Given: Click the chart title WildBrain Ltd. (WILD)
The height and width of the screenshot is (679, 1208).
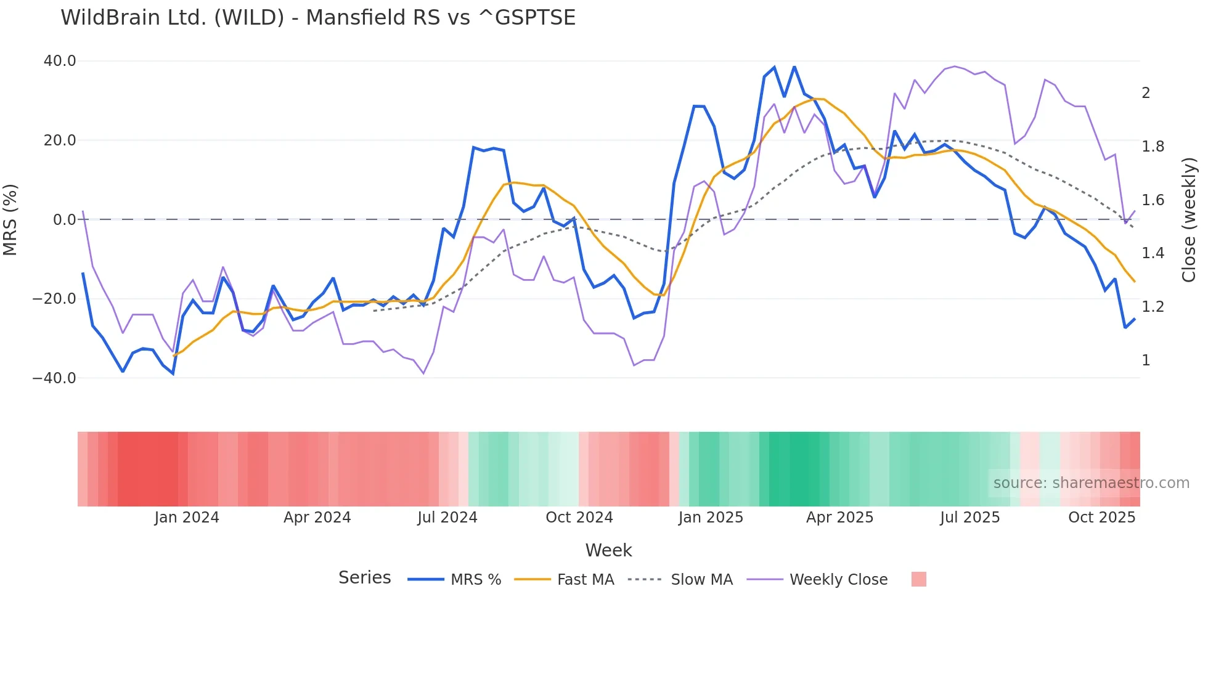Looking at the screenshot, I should (317, 18).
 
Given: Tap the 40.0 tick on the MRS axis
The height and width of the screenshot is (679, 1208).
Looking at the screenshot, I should (60, 61).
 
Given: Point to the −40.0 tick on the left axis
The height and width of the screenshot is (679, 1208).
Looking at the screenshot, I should (55, 378).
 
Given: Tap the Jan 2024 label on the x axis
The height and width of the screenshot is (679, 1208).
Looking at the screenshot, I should (187, 518).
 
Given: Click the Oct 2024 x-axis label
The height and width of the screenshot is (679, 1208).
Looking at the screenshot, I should (579, 518).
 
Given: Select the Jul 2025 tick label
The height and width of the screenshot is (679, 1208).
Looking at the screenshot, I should (969, 518).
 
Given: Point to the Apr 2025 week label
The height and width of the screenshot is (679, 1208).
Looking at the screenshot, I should (839, 518).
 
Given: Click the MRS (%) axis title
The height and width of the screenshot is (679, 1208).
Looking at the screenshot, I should (10, 219).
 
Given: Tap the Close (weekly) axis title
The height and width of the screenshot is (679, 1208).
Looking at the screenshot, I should (1189, 219).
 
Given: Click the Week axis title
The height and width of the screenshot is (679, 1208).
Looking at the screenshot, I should (608, 550).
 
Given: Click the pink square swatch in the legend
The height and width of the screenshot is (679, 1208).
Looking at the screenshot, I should (918, 579).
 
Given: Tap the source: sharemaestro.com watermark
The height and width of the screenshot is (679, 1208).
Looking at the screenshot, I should (1091, 483).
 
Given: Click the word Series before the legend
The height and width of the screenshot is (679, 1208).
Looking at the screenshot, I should (364, 578).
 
